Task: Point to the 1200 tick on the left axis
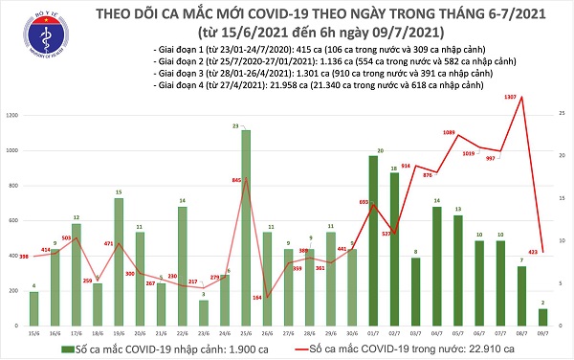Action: [13, 115]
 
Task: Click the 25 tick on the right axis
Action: [563, 115]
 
